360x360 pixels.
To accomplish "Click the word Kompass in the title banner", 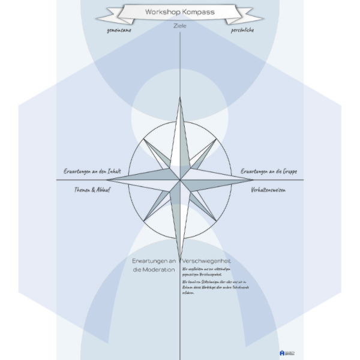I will point(199,12).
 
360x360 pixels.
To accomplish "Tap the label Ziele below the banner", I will point(180,26).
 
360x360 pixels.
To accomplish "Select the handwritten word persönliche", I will point(242,29).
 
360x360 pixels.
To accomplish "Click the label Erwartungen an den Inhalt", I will point(93,172).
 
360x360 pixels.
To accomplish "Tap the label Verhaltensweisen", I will point(268,189).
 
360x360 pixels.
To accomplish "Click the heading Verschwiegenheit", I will point(206,261).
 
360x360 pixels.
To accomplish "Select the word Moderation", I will point(155,271).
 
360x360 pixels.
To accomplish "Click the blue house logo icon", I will point(282,353).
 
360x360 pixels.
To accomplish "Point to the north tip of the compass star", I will point(179,98).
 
